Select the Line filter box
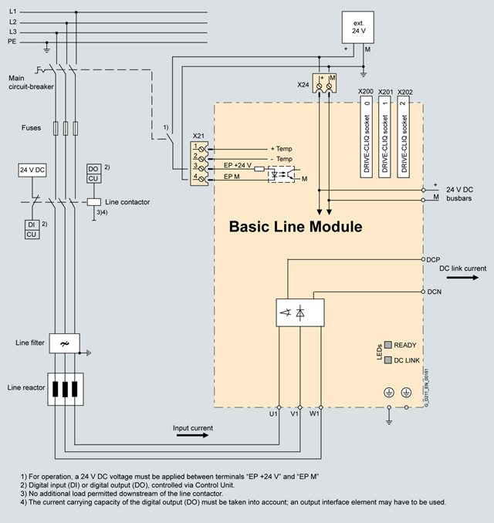pyautogui.click(x=69, y=342)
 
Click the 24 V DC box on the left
pyautogui.click(x=33, y=168)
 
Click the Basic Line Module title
pyautogui.click(x=295, y=228)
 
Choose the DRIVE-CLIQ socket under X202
pyautogui.click(x=408, y=136)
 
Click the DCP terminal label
pyautogui.click(x=433, y=260)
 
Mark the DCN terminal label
pyautogui.click(x=433, y=292)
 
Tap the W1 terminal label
pyautogui.click(x=314, y=414)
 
